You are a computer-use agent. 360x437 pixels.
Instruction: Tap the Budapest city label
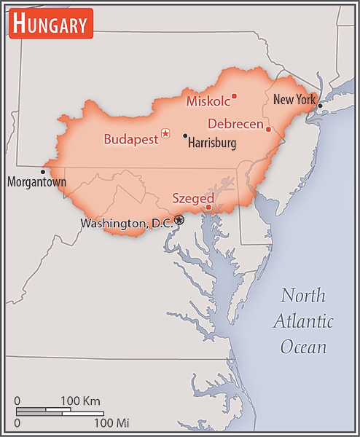coord(130,138)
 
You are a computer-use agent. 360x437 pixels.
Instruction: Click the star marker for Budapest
coord(165,133)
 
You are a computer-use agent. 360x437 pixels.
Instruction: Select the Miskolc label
coord(208,101)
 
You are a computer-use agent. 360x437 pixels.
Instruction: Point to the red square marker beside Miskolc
coord(234,95)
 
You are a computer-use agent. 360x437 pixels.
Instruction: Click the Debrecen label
coord(235,124)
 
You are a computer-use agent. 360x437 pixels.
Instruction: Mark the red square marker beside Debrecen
coord(268,129)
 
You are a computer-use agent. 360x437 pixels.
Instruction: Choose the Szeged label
coord(193,198)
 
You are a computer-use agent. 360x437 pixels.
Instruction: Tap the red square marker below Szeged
coord(208,207)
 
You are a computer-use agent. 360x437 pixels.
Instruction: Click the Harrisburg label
coord(212,143)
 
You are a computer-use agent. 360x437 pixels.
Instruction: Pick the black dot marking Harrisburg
coord(185,135)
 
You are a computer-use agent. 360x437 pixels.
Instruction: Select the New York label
coord(294,100)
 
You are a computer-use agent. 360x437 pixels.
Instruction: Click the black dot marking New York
coord(320,106)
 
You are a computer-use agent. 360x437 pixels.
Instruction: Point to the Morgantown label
coord(36,182)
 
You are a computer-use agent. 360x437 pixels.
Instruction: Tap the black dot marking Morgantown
coord(43,172)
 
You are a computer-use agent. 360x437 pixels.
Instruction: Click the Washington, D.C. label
coord(126,224)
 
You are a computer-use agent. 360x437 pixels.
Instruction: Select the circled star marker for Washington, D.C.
coord(179,219)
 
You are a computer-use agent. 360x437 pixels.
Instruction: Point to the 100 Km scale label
coord(80,401)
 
